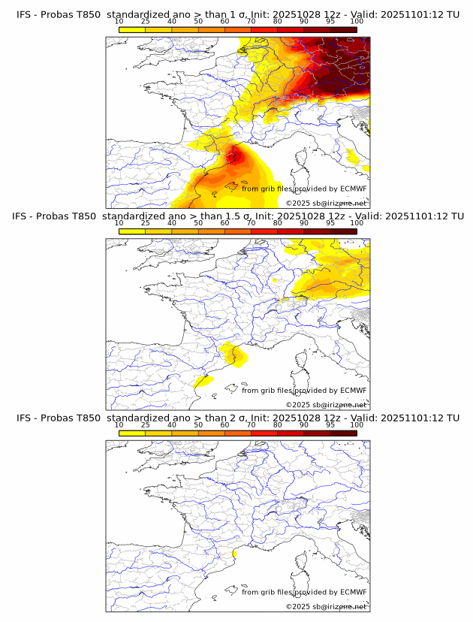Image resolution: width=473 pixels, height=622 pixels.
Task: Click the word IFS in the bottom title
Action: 25,418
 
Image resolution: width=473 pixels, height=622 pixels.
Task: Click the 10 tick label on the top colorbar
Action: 119,22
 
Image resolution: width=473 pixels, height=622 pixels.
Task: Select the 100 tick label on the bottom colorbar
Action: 357,424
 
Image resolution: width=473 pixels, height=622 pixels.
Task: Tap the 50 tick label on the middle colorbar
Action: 198,223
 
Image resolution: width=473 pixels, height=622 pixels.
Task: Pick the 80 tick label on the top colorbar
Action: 278,22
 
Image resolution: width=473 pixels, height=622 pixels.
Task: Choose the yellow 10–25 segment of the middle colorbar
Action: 132,231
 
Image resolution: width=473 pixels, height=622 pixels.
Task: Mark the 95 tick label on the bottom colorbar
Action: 330,424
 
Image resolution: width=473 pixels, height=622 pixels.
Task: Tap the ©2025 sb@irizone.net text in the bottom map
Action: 326,606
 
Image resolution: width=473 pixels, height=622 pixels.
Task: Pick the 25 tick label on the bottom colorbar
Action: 146,424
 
